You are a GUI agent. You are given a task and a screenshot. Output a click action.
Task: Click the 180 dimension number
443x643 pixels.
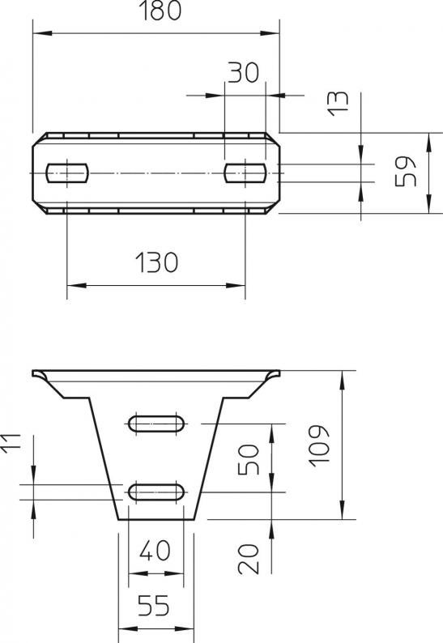click(160, 11)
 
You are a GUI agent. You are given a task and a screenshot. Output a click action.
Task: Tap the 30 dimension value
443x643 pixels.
click(244, 72)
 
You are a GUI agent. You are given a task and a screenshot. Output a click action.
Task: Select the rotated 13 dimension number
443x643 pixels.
click(339, 104)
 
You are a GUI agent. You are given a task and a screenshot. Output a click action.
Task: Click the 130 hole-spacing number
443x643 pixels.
click(156, 262)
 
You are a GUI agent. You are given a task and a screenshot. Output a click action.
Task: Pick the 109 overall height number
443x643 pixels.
click(319, 445)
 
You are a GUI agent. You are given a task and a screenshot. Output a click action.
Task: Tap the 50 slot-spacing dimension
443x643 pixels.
click(249, 460)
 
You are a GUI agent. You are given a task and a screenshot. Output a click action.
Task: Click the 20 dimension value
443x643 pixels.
click(249, 559)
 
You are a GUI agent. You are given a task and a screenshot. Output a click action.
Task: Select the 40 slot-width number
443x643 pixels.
click(155, 551)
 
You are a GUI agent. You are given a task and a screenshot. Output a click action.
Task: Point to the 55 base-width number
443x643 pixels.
click(153, 606)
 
